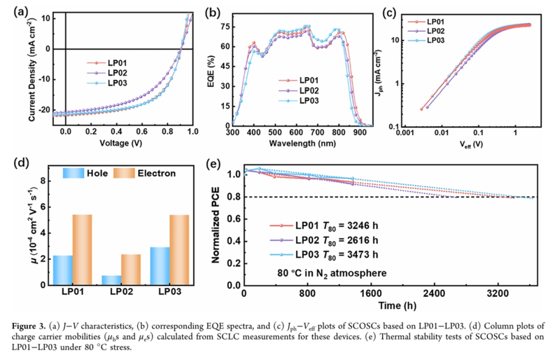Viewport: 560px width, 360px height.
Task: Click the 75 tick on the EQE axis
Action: point(224,26)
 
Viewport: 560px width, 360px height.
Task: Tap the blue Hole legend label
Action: point(93,172)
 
